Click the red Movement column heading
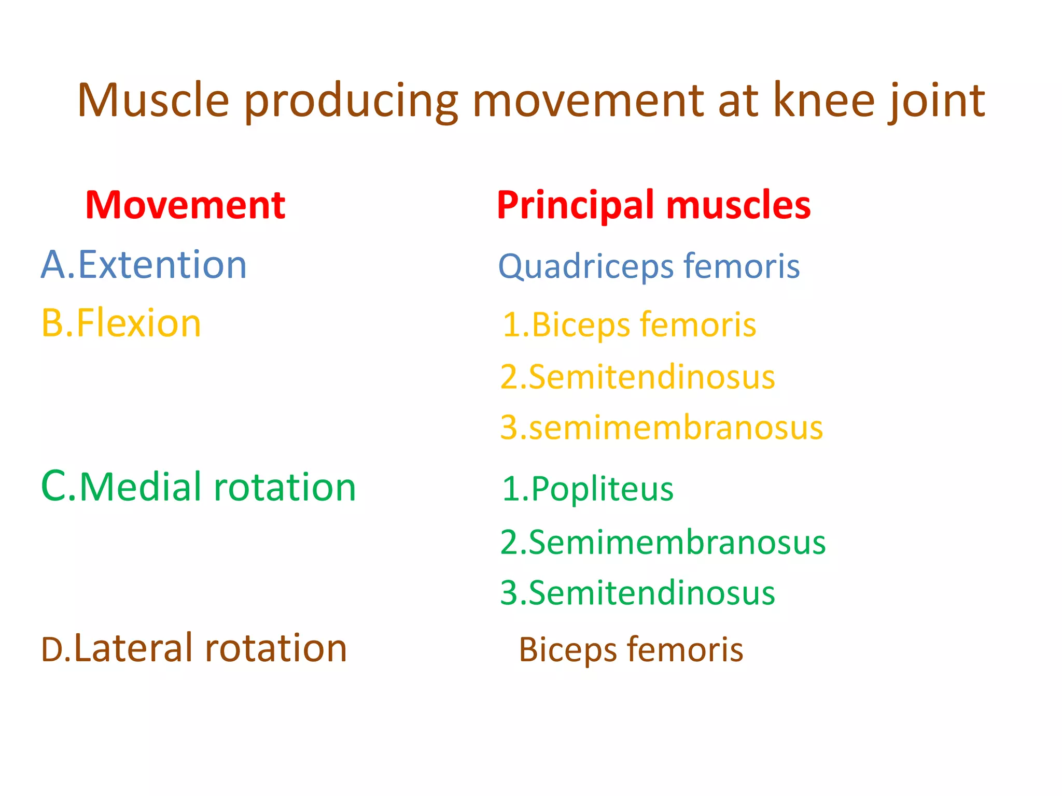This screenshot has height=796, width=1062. tap(185, 205)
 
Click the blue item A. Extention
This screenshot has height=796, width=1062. tap(144, 265)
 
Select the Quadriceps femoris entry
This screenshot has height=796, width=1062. tap(649, 266)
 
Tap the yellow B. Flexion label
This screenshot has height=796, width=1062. tap(121, 323)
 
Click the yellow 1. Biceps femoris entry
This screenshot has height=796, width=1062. tap(629, 325)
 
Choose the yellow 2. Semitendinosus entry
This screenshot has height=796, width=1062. tap(637, 377)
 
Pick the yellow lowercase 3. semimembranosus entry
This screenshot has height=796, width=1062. tap(661, 428)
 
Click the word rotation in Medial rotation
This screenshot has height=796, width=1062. tap(285, 488)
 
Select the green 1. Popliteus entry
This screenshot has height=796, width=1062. tap(588, 489)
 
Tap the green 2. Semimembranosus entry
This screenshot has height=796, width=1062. tap(663, 543)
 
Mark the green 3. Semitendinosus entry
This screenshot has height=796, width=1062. tap(637, 593)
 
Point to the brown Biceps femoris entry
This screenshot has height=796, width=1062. tap(631, 650)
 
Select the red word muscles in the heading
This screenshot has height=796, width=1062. tap(738, 205)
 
